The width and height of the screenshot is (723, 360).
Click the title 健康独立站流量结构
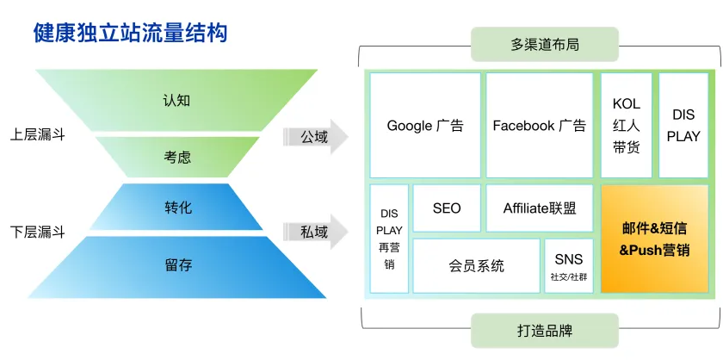click(130, 34)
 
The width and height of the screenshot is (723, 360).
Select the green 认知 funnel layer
click(176, 99)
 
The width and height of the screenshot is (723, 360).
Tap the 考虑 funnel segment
click(176, 157)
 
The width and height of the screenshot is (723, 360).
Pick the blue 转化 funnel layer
click(177, 208)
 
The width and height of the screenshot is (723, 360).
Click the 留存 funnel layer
click(177, 265)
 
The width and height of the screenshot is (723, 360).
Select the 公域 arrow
click(314, 136)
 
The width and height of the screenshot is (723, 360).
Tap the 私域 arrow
click(314, 232)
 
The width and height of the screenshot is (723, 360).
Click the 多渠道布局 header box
click(544, 44)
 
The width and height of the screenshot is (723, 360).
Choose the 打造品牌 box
click(544, 331)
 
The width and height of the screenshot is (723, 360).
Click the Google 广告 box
click(425, 126)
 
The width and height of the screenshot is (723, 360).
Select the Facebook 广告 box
click(539, 126)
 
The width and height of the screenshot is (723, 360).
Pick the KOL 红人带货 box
click(627, 126)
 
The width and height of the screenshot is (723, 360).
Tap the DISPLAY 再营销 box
click(389, 239)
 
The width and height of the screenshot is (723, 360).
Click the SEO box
click(447, 208)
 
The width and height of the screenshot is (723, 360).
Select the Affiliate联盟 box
click(540, 208)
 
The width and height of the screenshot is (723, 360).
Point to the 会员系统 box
click(476, 266)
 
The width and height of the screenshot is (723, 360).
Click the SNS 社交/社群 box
click(568, 266)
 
